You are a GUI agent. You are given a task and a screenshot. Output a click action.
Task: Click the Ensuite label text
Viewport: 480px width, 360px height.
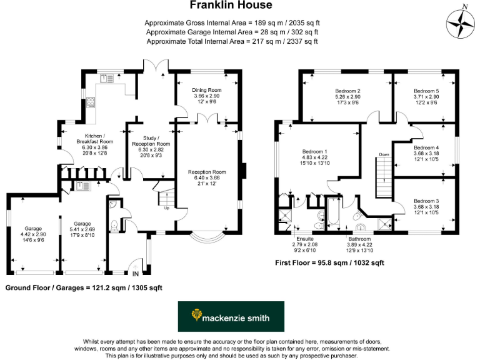(303, 238)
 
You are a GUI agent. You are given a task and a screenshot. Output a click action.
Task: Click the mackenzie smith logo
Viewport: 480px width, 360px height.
(231, 317)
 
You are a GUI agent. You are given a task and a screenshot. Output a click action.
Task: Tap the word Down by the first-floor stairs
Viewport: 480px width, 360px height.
(384, 154)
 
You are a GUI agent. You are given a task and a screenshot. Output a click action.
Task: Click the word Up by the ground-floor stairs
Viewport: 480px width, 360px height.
(166, 207)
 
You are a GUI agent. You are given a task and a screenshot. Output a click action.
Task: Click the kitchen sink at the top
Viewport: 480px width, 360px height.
(107, 78)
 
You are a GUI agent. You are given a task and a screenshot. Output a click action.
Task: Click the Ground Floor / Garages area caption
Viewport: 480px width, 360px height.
(84, 288)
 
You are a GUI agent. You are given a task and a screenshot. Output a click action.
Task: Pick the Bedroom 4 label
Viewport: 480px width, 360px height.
(426, 152)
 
